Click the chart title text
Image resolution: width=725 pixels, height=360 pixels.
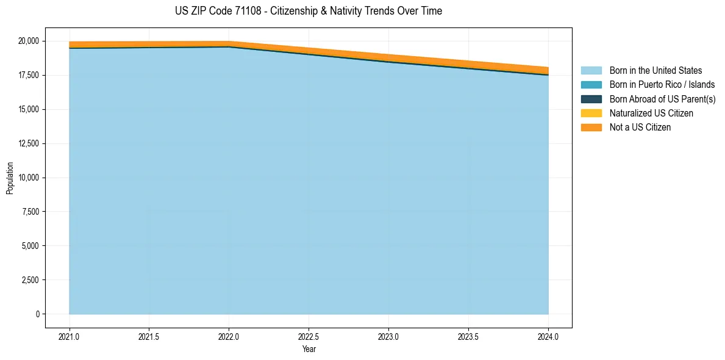308,11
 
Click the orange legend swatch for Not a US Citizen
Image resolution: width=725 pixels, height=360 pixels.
591,128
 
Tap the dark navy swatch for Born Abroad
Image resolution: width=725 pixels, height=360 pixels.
591,99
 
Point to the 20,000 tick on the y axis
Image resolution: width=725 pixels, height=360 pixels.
29,41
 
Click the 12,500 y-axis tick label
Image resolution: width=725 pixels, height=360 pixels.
29,143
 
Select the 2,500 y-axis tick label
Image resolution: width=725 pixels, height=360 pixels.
31,280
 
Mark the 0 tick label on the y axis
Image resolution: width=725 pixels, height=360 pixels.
37,314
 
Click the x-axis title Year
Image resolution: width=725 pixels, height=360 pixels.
309,349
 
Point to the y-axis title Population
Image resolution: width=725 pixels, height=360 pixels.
10,178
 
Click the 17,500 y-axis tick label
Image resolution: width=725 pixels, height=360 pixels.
29,75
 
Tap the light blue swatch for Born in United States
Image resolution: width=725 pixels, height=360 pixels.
591,71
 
